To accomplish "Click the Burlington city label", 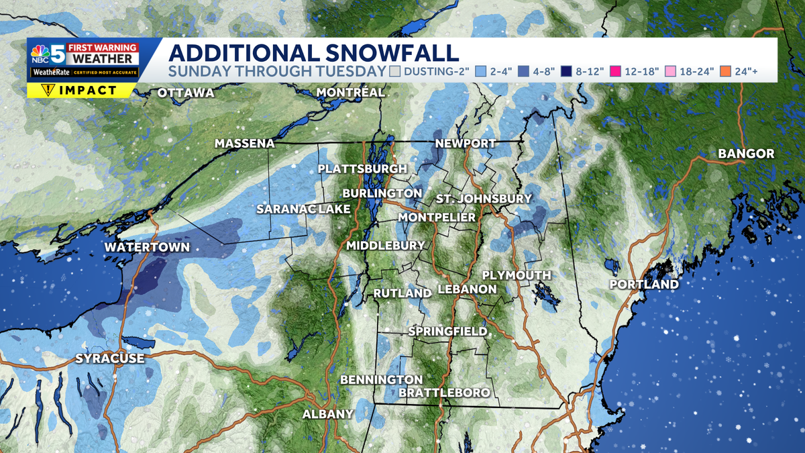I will pyautogui.click(x=382, y=193).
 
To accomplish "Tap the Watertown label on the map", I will pyautogui.click(x=147, y=248).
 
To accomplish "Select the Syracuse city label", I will pyautogui.click(x=110, y=358).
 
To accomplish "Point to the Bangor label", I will pyautogui.click(x=746, y=154).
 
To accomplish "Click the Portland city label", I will pyautogui.click(x=644, y=285).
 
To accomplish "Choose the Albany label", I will pyautogui.click(x=327, y=414).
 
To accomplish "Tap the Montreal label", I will pyautogui.click(x=350, y=92).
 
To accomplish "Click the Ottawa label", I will pyautogui.click(x=186, y=93).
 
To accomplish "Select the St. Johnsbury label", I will pyautogui.click(x=484, y=199).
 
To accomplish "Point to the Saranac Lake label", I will pyautogui.click(x=303, y=209).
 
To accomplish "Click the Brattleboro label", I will pyautogui.click(x=444, y=393).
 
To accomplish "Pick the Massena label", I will pyautogui.click(x=245, y=144).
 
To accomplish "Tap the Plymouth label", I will pyautogui.click(x=517, y=275).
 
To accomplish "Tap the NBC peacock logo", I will pyautogui.click(x=41, y=50).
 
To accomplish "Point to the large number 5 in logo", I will pyautogui.click(x=58, y=53).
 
